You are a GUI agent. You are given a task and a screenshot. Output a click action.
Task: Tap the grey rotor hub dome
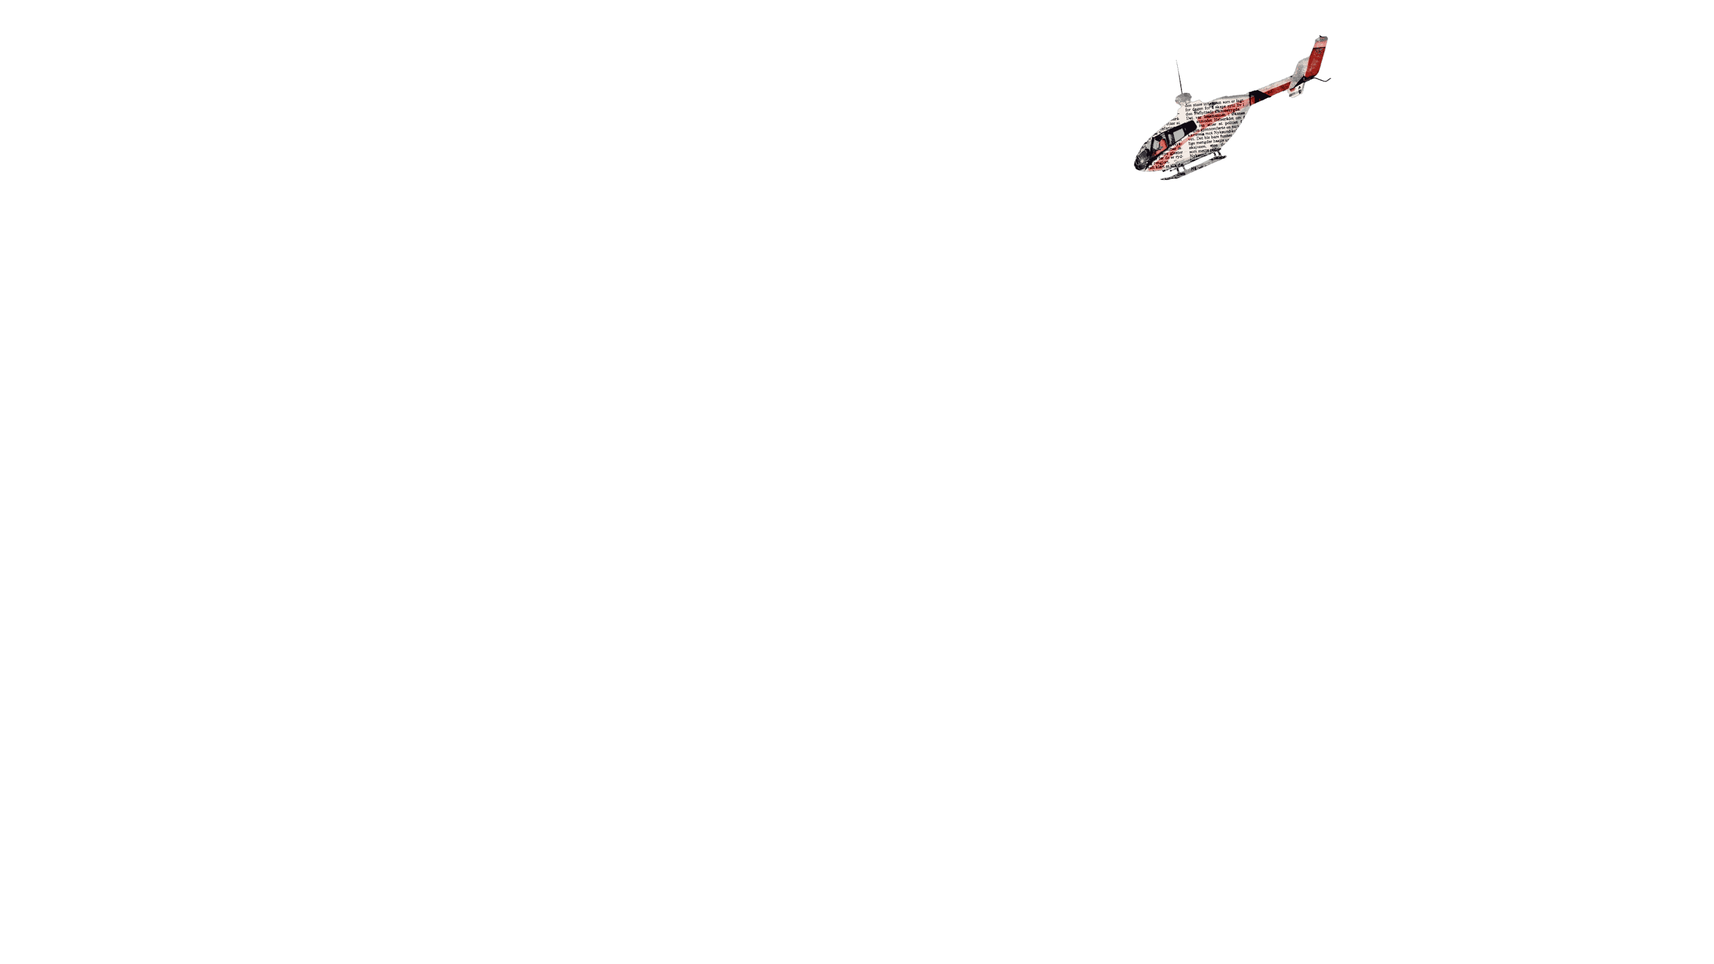tap(1184, 98)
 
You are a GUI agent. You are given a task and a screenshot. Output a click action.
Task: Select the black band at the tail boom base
tap(1258, 97)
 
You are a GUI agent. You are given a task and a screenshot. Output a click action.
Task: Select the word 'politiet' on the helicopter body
tap(1232, 123)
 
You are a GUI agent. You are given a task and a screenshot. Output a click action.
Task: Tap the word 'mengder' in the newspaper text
tap(1205, 143)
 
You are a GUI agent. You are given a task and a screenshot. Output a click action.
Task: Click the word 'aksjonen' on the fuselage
tap(1197, 147)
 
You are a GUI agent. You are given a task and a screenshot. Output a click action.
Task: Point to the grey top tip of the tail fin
tap(1321, 40)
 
